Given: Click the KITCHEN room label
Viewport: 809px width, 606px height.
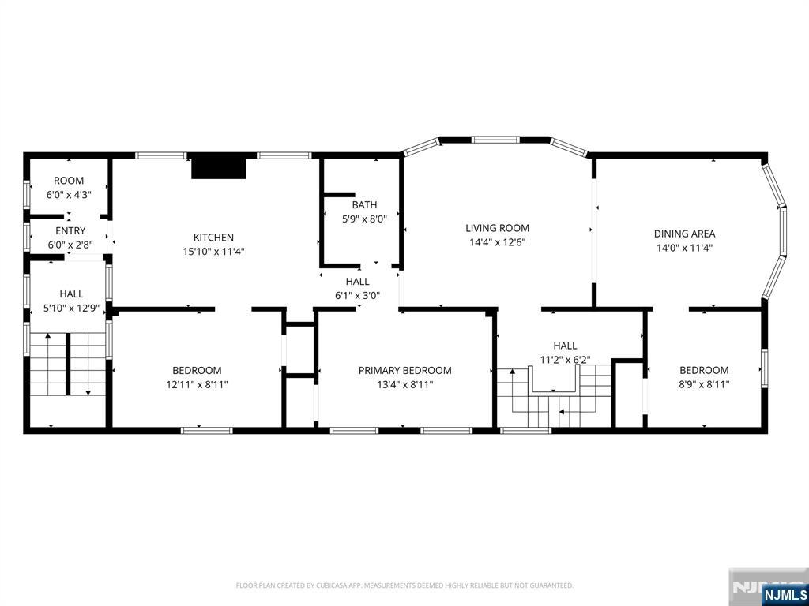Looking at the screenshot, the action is [213, 238].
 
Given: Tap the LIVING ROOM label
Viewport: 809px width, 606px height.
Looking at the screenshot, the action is [498, 228].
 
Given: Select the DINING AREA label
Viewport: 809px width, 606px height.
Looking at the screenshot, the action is [685, 234].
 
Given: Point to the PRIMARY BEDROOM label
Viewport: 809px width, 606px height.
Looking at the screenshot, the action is [405, 371].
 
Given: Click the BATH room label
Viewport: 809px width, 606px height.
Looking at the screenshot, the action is [364, 205].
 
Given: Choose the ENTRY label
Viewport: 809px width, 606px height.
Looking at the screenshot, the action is [70, 231].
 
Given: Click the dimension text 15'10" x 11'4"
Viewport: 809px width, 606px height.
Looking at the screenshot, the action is [213, 252].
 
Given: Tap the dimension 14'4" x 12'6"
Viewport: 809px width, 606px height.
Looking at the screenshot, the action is [498, 242].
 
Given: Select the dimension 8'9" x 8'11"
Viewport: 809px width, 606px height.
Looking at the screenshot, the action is [704, 384].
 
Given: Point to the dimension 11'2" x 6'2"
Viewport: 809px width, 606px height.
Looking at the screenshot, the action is [565, 359].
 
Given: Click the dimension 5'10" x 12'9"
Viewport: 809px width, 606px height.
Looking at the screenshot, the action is [71, 309].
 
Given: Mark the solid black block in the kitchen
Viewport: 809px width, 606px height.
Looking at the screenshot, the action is [219, 168].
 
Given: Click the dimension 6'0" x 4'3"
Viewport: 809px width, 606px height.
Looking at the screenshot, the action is [69, 195].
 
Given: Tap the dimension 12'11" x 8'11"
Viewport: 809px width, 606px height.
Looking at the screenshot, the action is [197, 384].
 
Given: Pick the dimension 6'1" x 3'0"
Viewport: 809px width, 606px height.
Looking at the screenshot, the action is [357, 296].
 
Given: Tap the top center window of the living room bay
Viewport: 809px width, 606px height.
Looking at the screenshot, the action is [495, 139].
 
